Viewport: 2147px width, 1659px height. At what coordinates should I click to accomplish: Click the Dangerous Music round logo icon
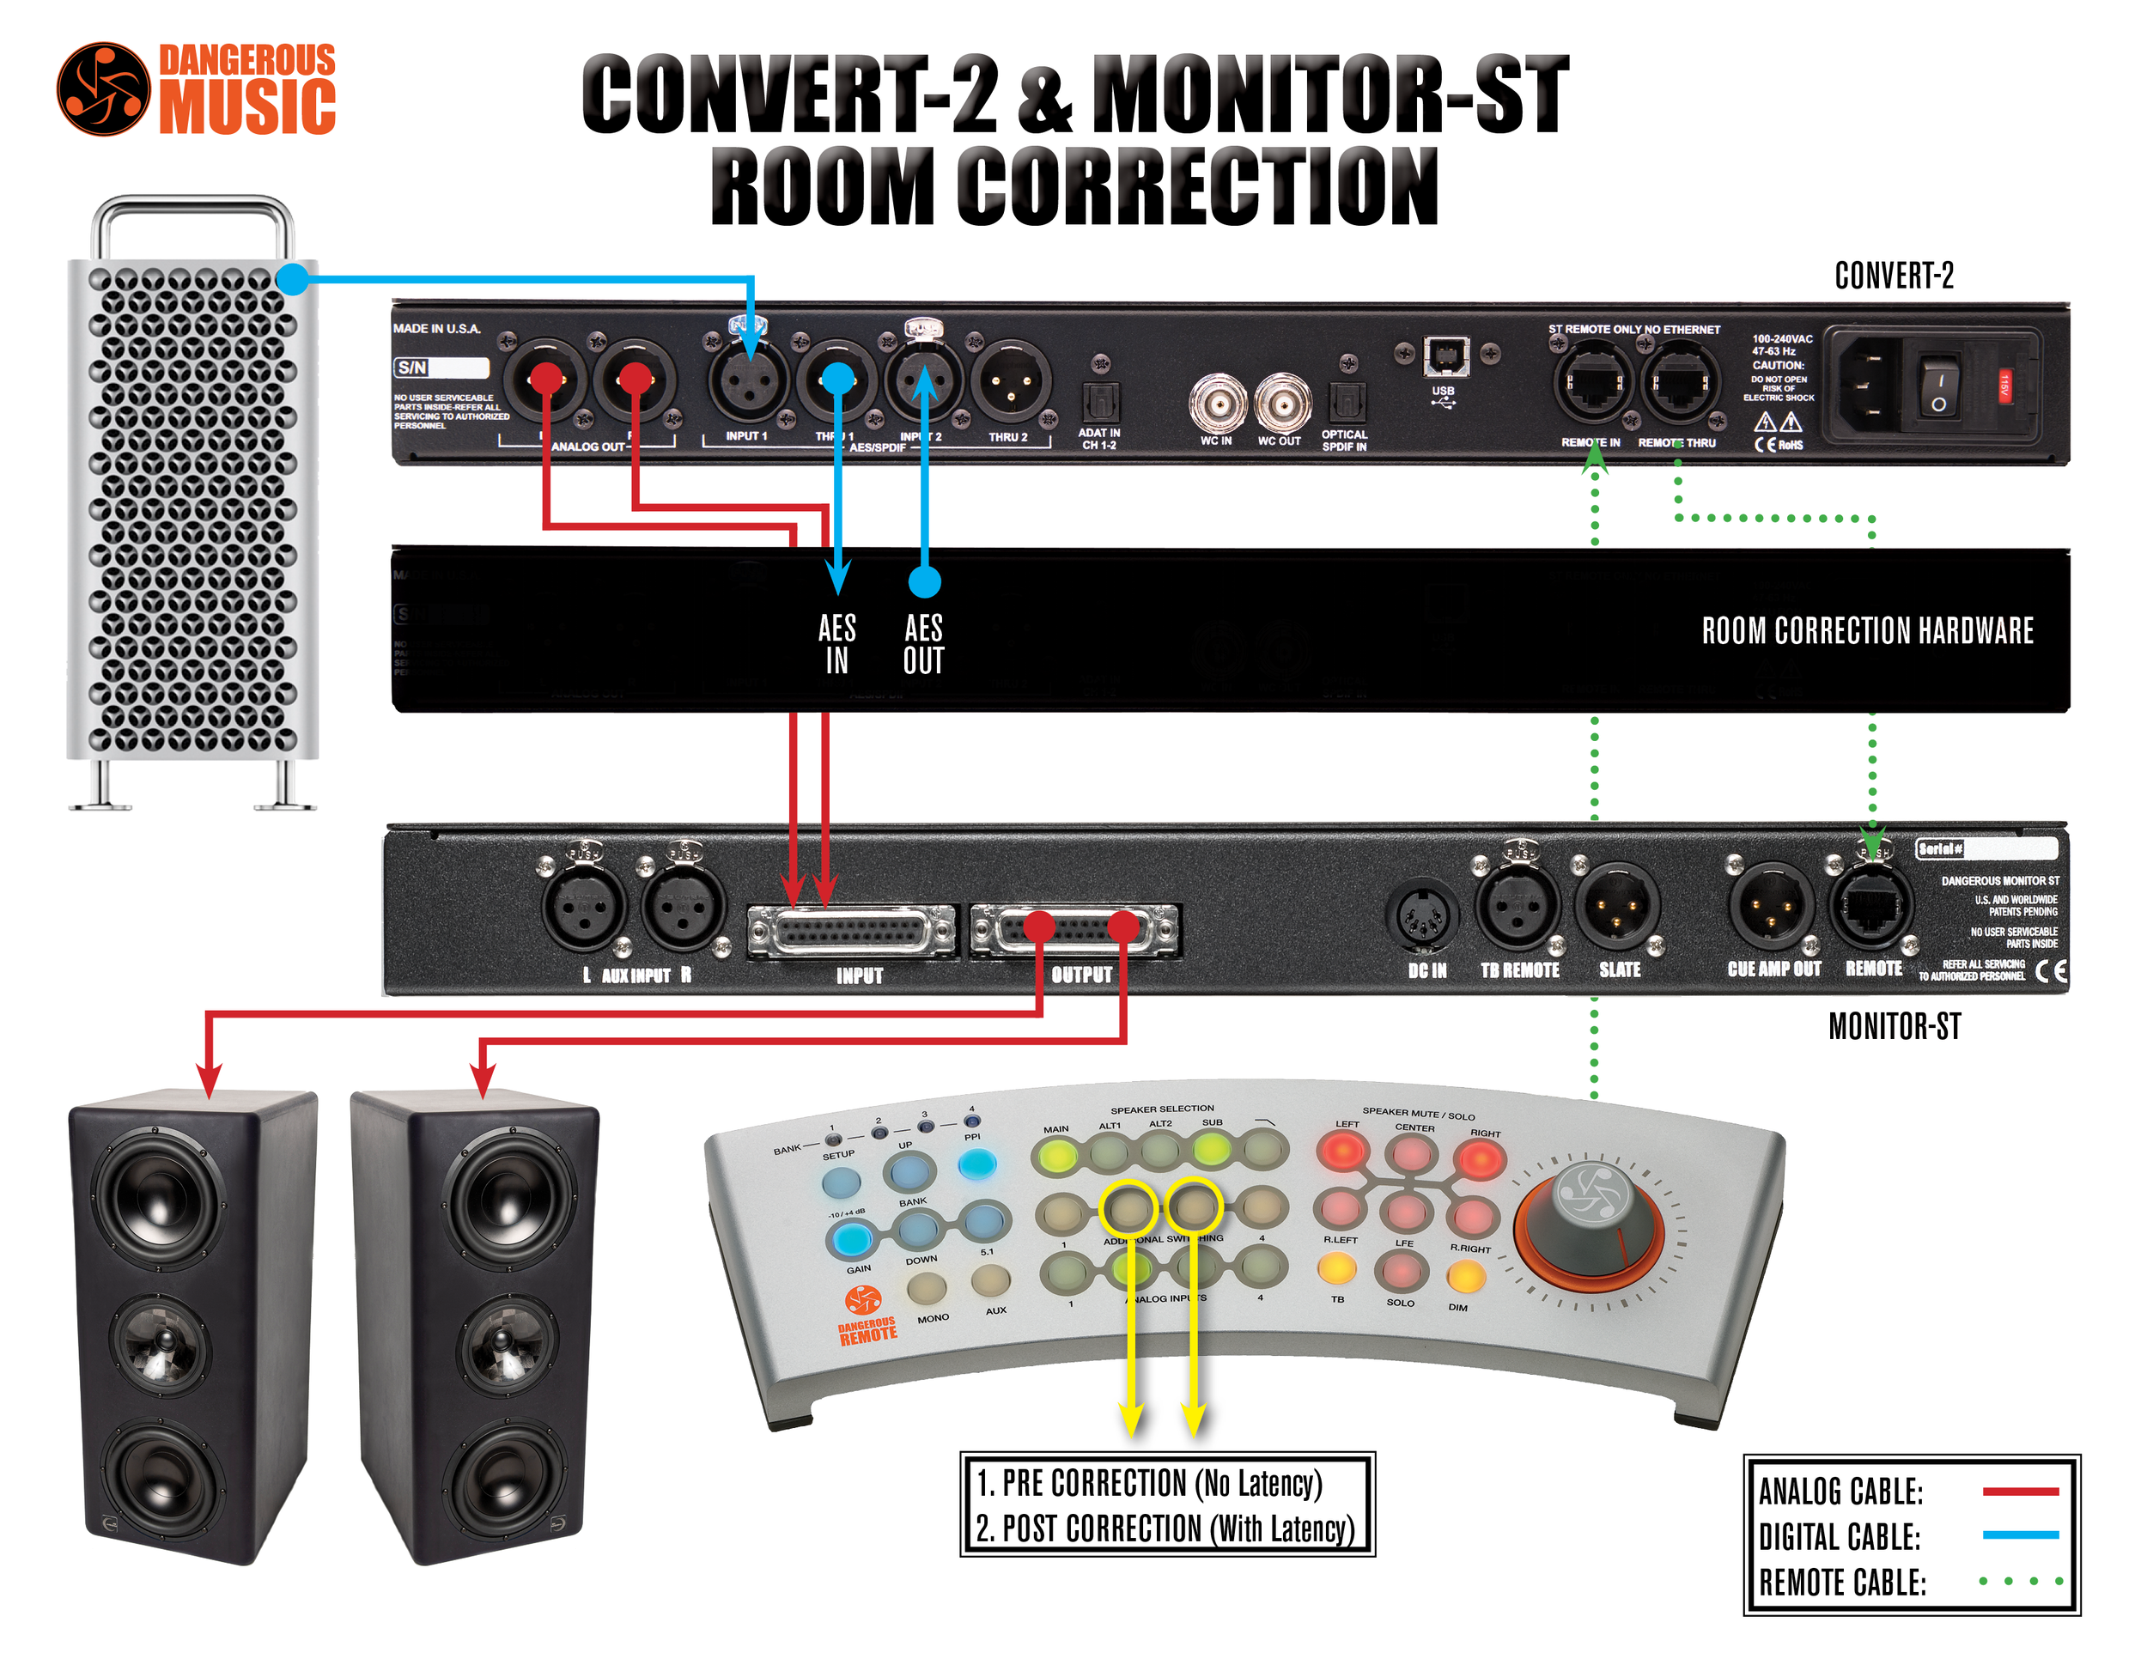(x=103, y=88)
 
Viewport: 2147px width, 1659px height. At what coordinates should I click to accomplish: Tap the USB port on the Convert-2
(x=1445, y=355)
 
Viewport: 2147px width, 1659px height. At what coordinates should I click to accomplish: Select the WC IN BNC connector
(x=1217, y=402)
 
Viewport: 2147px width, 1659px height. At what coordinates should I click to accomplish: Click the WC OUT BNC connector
(x=1282, y=402)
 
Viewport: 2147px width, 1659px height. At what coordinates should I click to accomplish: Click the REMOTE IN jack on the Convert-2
(x=1591, y=383)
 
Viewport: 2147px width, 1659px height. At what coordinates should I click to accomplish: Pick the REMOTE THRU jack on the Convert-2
(x=1679, y=383)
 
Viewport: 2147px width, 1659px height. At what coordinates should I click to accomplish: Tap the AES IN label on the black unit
(x=836, y=644)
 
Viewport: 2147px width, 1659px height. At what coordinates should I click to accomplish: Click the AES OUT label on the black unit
(x=923, y=644)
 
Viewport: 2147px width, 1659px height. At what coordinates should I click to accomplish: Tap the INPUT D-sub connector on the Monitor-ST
(x=851, y=931)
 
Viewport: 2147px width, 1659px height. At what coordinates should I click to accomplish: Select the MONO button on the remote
(x=927, y=1286)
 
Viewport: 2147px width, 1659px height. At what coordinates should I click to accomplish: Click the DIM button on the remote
(x=1465, y=1278)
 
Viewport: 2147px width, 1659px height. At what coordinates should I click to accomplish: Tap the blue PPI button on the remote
(x=976, y=1164)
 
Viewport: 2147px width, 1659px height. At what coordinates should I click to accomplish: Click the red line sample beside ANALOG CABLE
(x=2020, y=1491)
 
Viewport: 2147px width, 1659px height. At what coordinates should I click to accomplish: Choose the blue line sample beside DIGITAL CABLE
(x=2020, y=1535)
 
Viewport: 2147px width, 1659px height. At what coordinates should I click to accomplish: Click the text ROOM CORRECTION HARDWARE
(x=1867, y=631)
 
